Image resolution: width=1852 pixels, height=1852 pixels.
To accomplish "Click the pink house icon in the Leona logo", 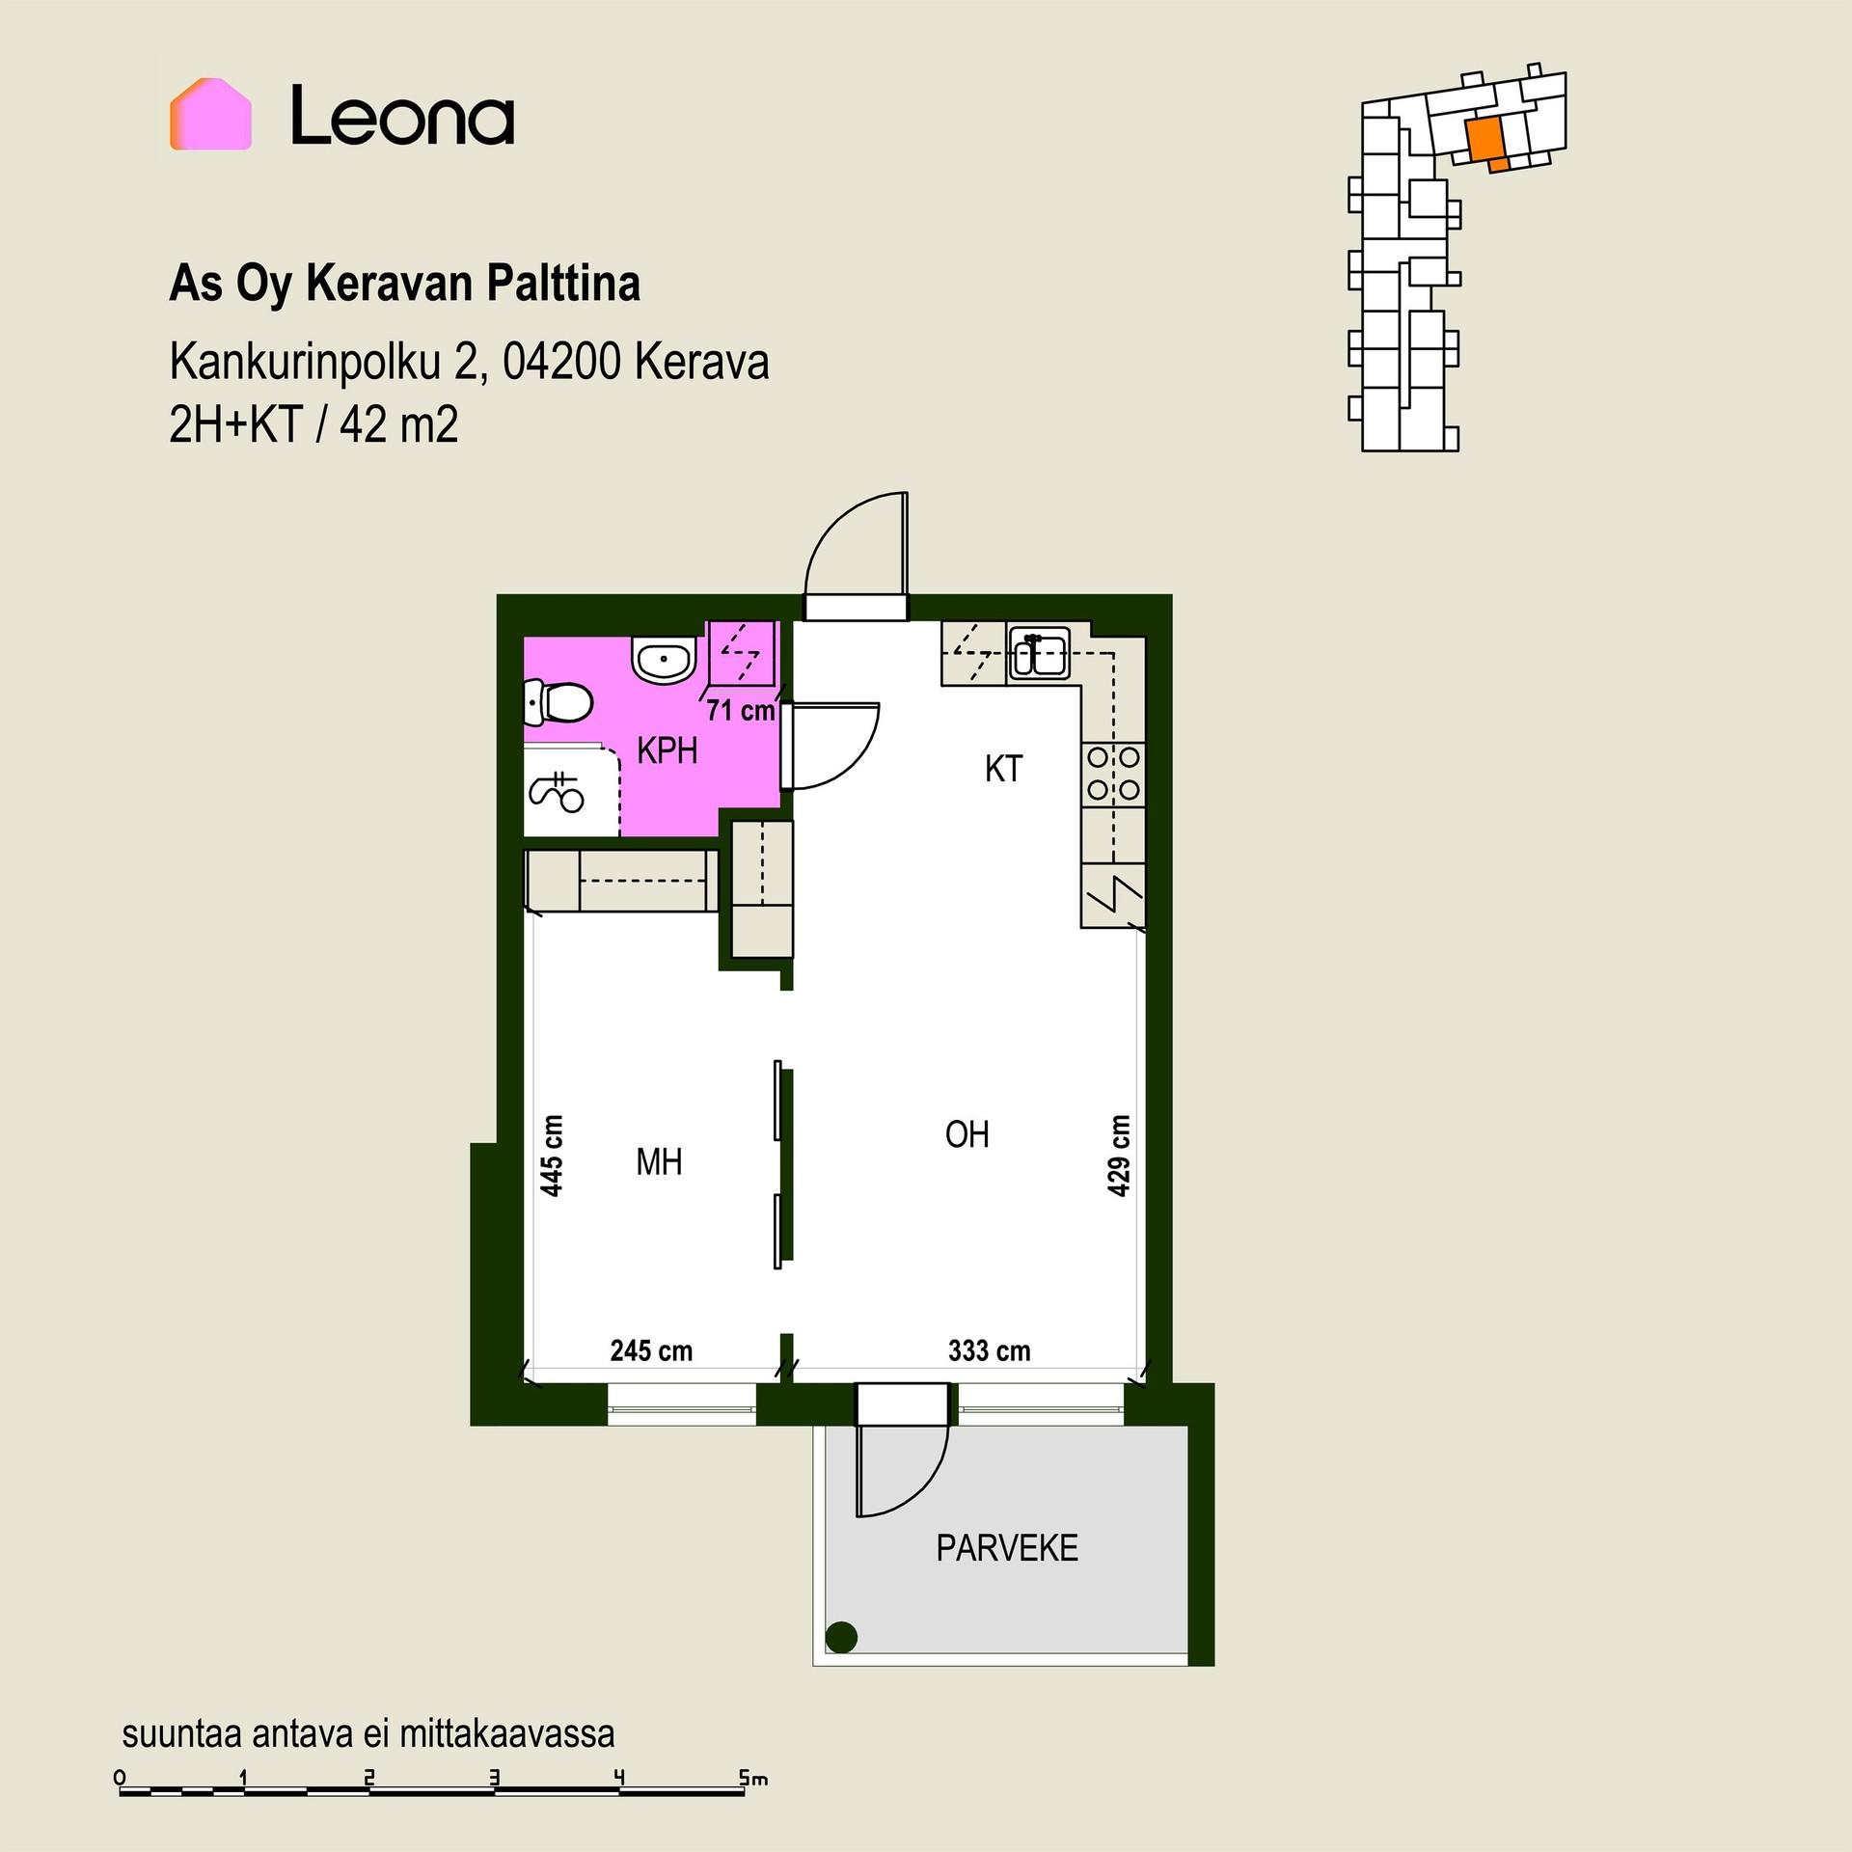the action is (x=210, y=114).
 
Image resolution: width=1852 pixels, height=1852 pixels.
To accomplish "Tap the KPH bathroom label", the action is (x=667, y=750).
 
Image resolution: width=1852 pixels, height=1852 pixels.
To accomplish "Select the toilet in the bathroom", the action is (x=557, y=702).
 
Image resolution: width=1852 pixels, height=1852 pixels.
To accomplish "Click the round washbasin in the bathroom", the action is (x=664, y=661).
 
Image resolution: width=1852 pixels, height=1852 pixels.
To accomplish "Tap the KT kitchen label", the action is (x=1003, y=769).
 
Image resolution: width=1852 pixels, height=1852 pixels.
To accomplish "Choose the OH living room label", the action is (x=967, y=1134).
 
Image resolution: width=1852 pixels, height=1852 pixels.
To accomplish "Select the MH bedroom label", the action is (x=659, y=1162).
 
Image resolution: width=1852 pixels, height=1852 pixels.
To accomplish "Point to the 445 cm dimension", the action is (x=551, y=1156).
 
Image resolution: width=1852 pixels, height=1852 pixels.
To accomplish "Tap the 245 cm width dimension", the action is (x=651, y=1350).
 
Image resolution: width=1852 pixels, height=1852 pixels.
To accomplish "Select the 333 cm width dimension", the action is (x=989, y=1350).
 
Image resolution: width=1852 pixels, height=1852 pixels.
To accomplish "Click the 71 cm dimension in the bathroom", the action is (x=741, y=711).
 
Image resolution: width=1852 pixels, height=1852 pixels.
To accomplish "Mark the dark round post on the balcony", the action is (x=842, y=1637).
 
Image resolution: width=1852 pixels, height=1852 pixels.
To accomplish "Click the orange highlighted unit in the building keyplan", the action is (x=1486, y=143).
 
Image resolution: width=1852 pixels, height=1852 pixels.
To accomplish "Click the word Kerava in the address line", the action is (x=702, y=363).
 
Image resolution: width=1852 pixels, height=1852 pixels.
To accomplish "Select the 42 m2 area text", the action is (x=398, y=424).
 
